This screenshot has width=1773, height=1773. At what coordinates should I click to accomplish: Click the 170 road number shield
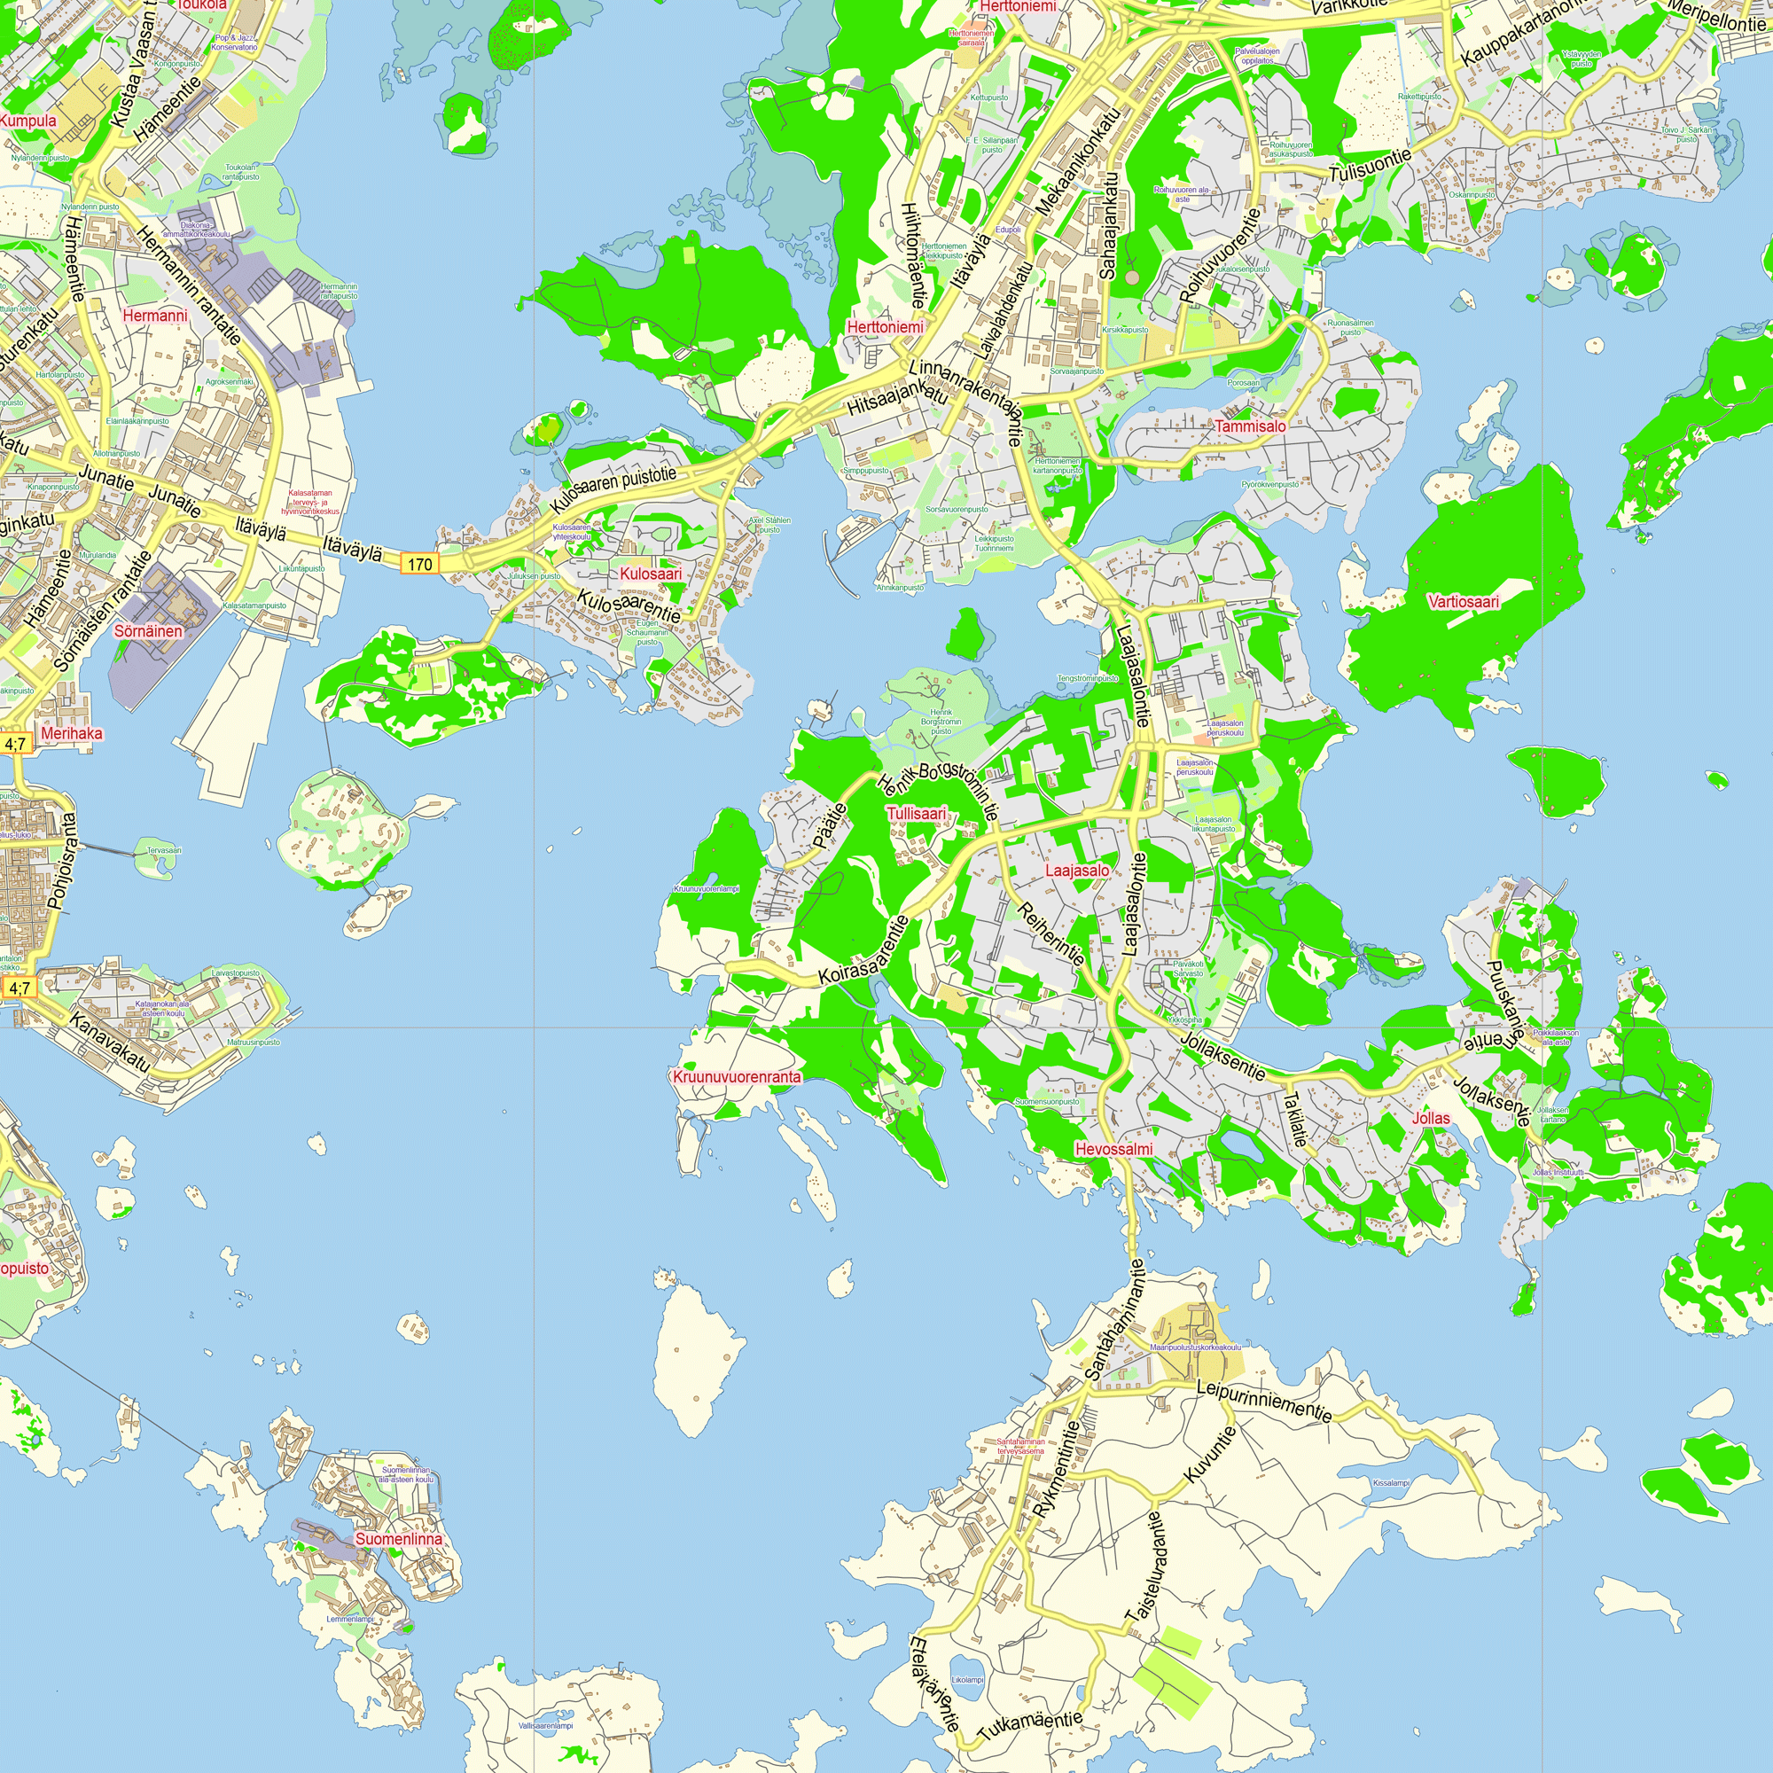(419, 564)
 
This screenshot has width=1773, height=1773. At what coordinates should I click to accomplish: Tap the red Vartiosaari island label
(1464, 602)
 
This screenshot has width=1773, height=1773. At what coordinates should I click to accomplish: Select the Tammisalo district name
(1251, 426)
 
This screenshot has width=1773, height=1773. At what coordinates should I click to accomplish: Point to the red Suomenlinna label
(398, 1539)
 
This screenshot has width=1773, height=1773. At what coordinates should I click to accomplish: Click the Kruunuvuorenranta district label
(737, 1076)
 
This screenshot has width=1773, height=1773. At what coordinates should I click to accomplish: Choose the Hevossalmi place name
(1114, 1149)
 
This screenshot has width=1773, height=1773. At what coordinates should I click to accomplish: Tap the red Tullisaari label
(916, 814)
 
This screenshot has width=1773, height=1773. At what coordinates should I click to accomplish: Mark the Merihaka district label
(72, 733)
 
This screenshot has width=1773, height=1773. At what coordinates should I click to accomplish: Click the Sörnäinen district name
(148, 631)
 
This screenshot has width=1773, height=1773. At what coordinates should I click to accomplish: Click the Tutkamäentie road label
(1029, 1725)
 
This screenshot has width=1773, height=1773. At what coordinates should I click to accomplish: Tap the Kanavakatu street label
(109, 1044)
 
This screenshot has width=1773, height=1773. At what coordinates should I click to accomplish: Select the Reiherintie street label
(1051, 933)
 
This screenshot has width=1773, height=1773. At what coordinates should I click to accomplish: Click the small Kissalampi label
(1390, 1483)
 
